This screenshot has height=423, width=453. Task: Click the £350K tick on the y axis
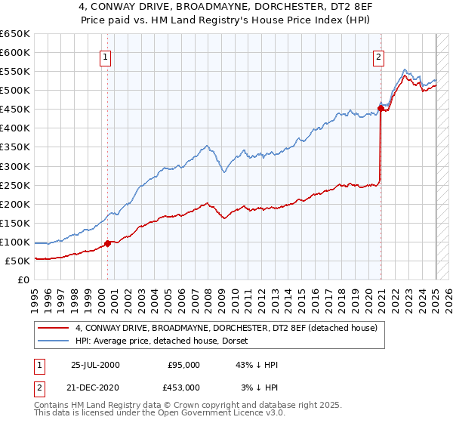pyautogui.click(x=14, y=147)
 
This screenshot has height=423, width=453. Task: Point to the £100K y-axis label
pyautogui.click(x=14, y=242)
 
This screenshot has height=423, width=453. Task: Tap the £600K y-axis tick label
pyautogui.click(x=14, y=53)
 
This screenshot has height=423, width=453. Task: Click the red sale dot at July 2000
pyautogui.click(x=108, y=243)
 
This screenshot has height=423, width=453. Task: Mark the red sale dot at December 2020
pyautogui.click(x=381, y=108)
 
